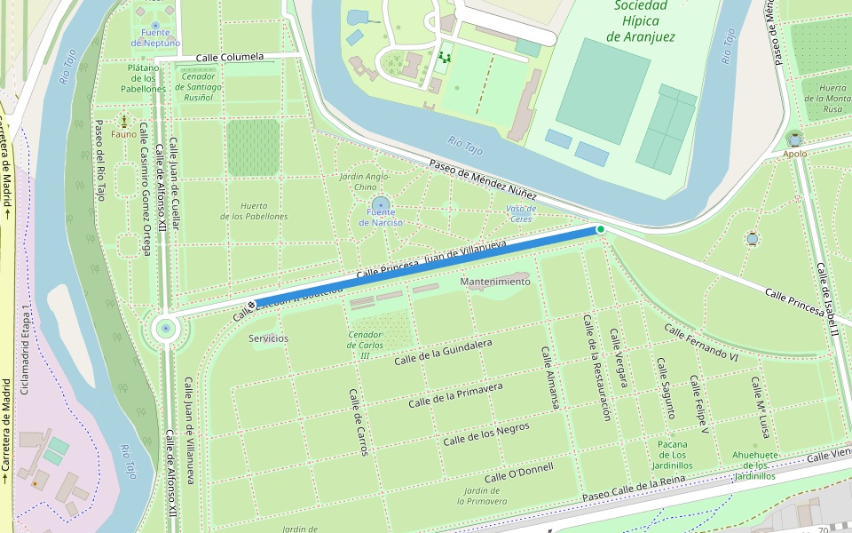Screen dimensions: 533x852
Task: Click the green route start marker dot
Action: (x=601, y=229)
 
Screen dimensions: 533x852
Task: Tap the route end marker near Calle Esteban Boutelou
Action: (x=252, y=306)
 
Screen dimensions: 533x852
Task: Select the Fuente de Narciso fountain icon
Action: (x=381, y=204)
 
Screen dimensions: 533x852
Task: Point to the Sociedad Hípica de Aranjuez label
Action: (x=641, y=21)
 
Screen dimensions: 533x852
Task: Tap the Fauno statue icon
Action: (x=124, y=122)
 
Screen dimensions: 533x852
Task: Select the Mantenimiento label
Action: (x=495, y=282)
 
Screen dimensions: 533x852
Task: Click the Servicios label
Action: (x=268, y=338)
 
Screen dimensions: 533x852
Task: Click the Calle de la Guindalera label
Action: (x=443, y=351)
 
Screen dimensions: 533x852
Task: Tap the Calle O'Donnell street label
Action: (x=518, y=472)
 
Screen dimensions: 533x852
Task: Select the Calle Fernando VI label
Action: (x=701, y=342)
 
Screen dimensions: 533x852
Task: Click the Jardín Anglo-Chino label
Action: (x=365, y=181)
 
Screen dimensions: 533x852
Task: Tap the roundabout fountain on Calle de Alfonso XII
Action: (x=165, y=329)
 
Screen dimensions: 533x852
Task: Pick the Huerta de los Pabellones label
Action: (x=254, y=211)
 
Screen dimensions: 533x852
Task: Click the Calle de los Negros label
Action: (x=485, y=434)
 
